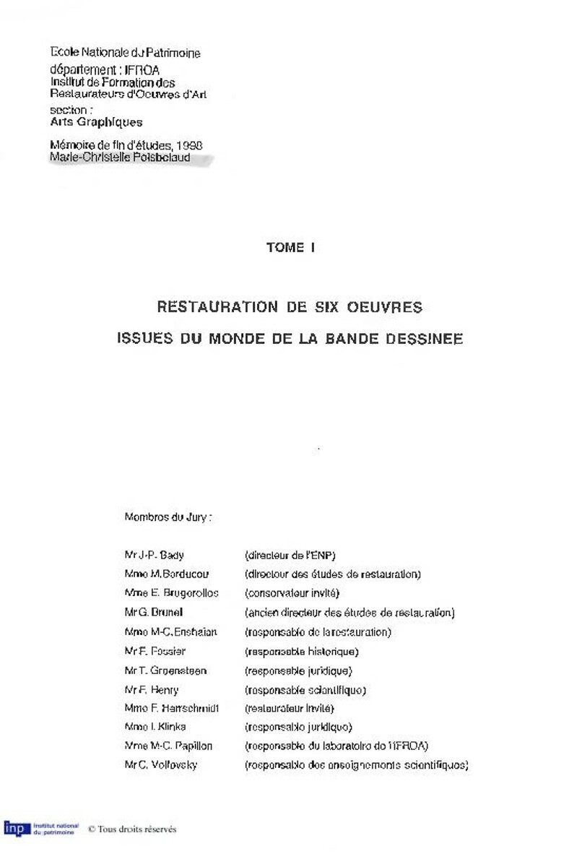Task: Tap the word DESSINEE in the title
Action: coord(426,339)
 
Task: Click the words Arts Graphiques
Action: coord(96,122)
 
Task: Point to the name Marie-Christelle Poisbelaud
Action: coord(120,157)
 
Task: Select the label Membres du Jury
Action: coord(168,517)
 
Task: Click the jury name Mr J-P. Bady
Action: coord(154,556)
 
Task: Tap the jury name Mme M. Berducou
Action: coord(167,574)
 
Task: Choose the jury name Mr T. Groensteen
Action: coord(165,670)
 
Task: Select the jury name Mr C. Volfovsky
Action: coord(160,765)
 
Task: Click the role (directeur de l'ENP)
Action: coord(290,556)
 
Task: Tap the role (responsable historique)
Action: coord(301,652)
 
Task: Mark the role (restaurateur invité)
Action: coord(290,708)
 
